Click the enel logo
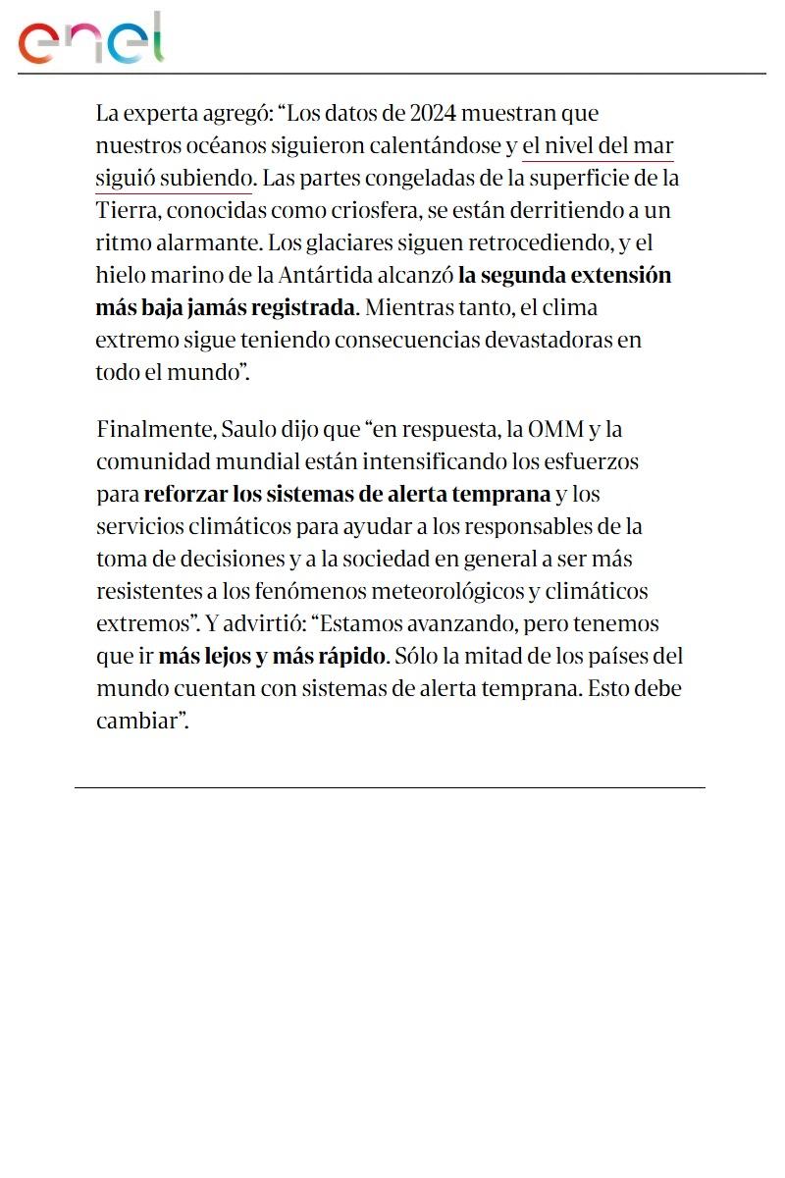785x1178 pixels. (x=91, y=39)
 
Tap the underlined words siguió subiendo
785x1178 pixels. (x=174, y=180)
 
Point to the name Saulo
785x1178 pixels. (x=248, y=430)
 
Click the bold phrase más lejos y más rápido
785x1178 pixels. (x=274, y=655)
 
